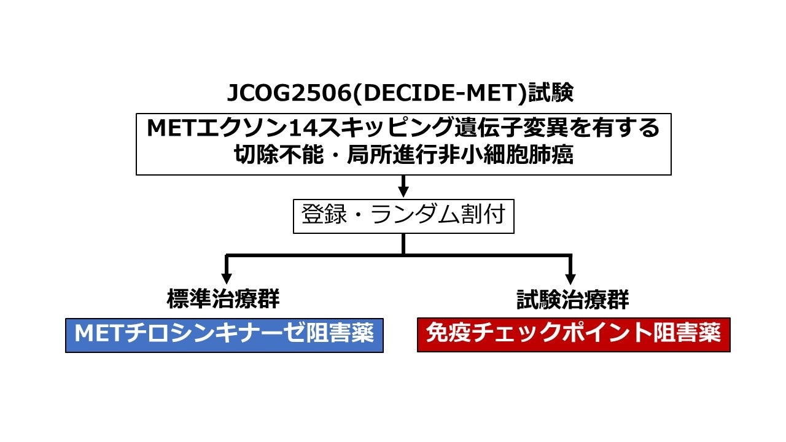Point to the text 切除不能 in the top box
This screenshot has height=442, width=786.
coord(265,155)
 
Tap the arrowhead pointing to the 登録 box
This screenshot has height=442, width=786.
coord(403,191)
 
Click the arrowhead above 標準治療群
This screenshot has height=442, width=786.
coord(227,278)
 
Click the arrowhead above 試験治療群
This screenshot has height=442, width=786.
coord(570,278)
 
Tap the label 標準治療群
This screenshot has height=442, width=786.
coord(223,300)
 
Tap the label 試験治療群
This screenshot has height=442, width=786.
coord(572,300)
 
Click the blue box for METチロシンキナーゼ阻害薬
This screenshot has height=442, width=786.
coord(224,335)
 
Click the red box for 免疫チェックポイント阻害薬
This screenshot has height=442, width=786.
coord(574,335)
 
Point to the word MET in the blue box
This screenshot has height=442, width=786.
coord(96,335)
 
